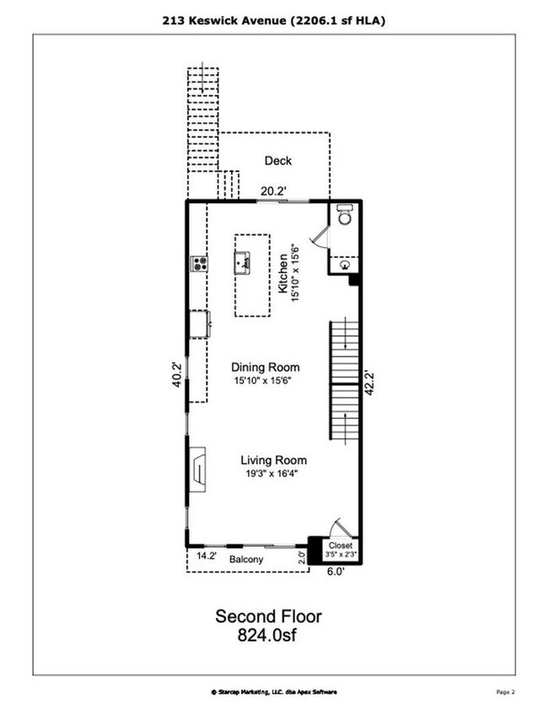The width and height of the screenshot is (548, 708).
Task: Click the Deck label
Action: click(x=277, y=161)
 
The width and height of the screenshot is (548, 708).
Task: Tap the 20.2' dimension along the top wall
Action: click(x=273, y=191)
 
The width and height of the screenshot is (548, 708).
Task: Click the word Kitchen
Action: click(x=283, y=275)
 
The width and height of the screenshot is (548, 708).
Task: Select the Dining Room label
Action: click(x=266, y=367)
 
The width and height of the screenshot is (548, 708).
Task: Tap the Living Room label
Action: click(x=273, y=460)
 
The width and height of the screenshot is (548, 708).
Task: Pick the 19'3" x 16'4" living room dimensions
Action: click(x=273, y=474)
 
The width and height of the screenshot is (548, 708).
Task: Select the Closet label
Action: click(x=341, y=545)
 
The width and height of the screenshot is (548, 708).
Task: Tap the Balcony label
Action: click(x=246, y=560)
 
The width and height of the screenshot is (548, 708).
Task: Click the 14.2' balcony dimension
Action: click(x=207, y=556)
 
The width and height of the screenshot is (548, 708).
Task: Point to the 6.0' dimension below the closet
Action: click(x=336, y=571)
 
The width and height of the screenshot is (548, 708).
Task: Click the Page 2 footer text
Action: click(x=504, y=691)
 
